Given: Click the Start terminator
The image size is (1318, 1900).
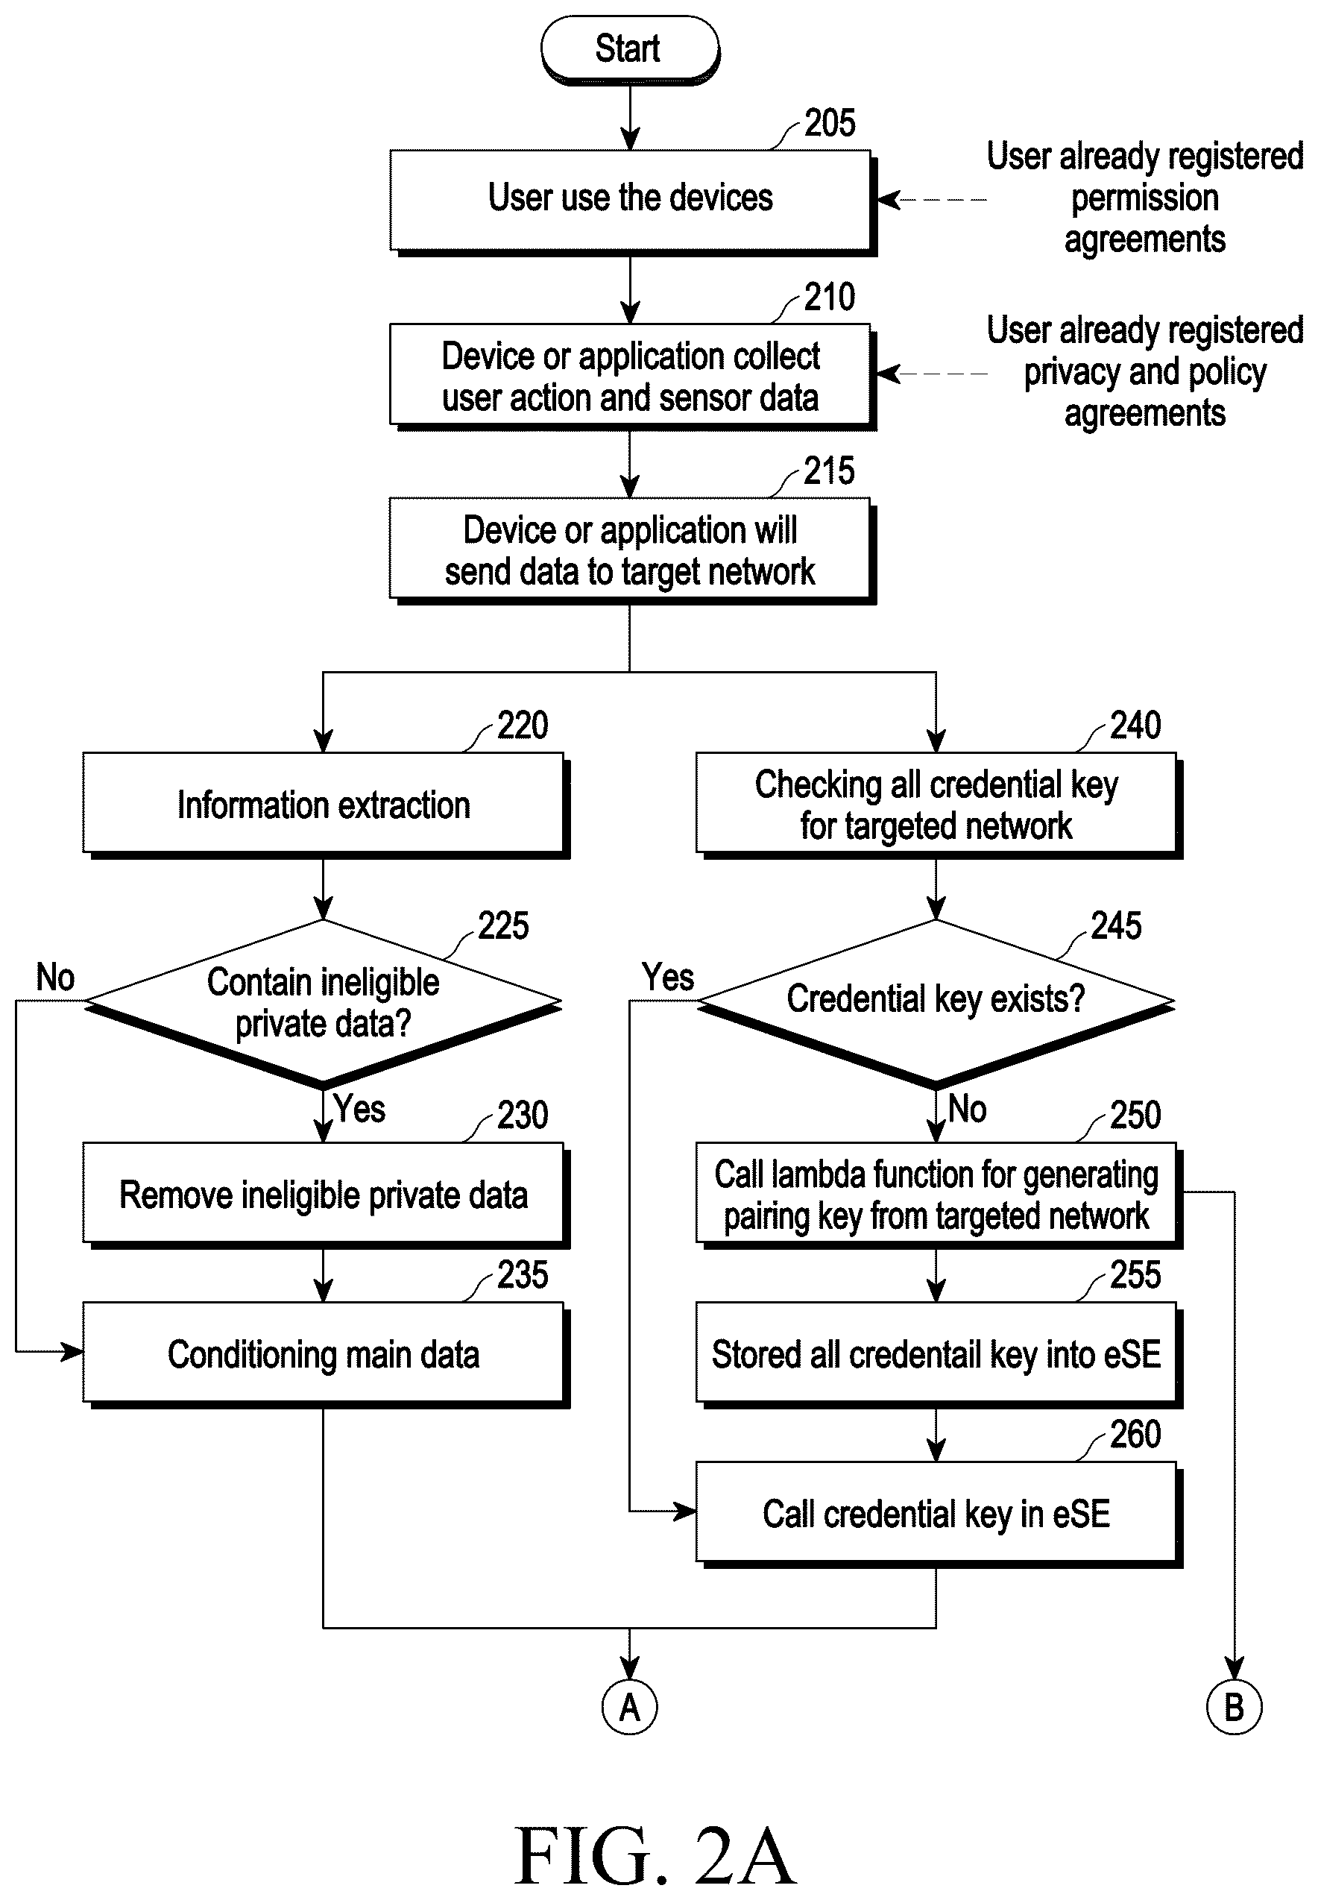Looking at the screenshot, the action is coord(630,49).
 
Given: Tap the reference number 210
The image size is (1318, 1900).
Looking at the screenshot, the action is coord(830,297).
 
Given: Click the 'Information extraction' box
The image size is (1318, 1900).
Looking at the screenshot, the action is coord(325,805).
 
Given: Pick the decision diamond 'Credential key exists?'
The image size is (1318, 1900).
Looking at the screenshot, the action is coord(936,1003).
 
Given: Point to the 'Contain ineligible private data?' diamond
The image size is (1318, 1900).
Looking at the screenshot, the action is coord(323,1003).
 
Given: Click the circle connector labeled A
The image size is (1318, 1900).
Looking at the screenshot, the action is coord(629,1706).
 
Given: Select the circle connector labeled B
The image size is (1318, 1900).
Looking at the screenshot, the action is coord(1234,1706).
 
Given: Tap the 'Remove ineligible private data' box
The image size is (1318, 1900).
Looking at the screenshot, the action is coord(325,1195).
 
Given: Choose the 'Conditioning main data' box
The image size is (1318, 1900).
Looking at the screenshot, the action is coord(325,1355).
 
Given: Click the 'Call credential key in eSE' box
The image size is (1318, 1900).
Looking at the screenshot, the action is coord(939,1514).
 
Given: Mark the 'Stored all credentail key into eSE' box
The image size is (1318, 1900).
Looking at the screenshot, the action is coord(939,1355).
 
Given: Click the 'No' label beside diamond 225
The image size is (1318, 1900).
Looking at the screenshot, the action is coord(55,978).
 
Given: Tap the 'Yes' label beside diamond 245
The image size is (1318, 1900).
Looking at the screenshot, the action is coord(668,978).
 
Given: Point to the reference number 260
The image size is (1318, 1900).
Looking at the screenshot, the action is coord(1135,1434).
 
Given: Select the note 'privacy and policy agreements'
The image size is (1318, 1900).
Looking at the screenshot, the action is coord(1145,372).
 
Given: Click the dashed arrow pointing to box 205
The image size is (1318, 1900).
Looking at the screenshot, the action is coord(932,200).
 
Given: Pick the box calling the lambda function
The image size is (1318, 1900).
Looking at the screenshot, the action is coord(939,1195).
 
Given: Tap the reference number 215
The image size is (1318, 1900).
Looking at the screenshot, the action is coord(830,471).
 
